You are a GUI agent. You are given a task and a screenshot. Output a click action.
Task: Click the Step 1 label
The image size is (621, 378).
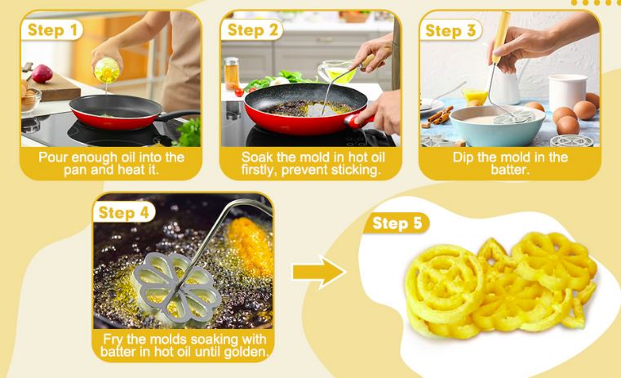[x=52, y=30]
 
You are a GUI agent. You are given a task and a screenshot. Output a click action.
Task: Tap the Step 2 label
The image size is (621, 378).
[x=252, y=30]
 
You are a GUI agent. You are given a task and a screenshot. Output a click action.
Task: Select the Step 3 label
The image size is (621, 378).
[x=450, y=30]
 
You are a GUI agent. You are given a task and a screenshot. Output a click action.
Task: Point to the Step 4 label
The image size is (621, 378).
[x=123, y=213]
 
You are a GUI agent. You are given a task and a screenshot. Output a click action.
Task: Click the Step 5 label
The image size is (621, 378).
[x=397, y=224]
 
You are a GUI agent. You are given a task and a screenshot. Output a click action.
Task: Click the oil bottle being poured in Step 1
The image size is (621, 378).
[x=107, y=70]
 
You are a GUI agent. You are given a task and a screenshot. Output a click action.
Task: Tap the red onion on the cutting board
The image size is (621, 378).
[x=42, y=73]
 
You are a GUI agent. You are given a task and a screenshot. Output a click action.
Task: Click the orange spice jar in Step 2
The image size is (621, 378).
[x=231, y=73]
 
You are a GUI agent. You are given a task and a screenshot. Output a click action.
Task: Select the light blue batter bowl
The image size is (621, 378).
[x=498, y=126]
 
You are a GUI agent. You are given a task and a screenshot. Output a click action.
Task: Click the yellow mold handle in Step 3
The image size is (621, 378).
[x=499, y=38]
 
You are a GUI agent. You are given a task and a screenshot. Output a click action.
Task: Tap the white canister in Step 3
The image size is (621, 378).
[x=567, y=94]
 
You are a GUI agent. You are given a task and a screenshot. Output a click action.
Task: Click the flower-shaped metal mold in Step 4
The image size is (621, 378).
[x=177, y=287]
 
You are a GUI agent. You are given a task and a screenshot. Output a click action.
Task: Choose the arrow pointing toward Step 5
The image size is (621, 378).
[x=319, y=272]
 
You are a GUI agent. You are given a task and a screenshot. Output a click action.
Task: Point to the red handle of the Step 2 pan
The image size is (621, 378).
[x=358, y=121]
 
